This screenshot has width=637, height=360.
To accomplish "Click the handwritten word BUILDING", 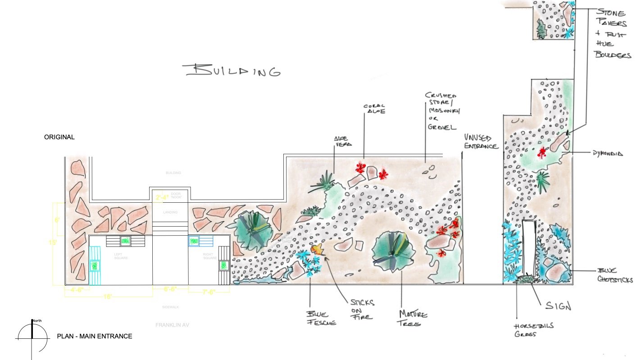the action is tap(232, 71).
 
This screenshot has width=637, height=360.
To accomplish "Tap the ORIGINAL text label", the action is tap(59, 137).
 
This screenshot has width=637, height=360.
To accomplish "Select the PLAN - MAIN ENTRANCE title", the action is tap(95, 336).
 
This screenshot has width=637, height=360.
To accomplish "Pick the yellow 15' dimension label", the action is tap(53, 242).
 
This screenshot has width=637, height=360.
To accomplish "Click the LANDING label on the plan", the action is tap(170, 212).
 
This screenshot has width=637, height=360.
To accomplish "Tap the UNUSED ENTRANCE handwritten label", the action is tap(481, 142).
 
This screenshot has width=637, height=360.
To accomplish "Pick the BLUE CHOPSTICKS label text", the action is tap(615, 275).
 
